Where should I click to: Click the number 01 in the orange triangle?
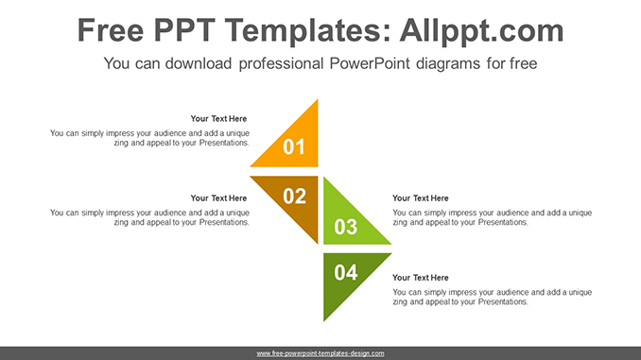(x=295, y=146)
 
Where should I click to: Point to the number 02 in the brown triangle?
(x=295, y=196)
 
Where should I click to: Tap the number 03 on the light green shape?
(x=346, y=227)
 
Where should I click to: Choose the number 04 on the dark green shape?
(x=346, y=273)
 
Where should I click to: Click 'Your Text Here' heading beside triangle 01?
(x=218, y=119)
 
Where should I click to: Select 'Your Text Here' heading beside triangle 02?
(x=218, y=198)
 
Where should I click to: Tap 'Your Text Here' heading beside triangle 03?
(x=421, y=198)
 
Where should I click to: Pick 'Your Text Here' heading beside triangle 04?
(x=421, y=278)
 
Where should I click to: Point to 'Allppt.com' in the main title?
(x=482, y=31)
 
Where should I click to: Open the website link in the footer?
(x=320, y=353)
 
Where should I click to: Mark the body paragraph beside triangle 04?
(x=492, y=297)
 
